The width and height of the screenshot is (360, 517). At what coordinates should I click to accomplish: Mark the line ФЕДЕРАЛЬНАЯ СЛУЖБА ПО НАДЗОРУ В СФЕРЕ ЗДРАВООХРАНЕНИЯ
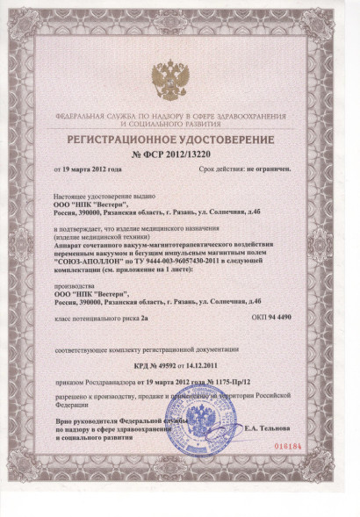[179, 117]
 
